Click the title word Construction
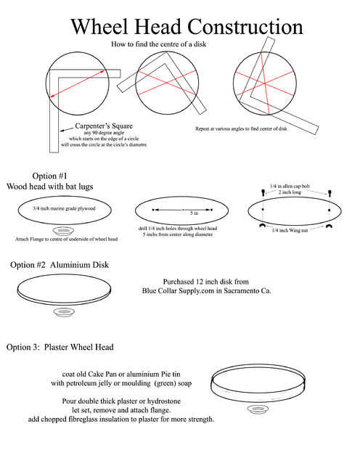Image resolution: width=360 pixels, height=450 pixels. pos(245,27)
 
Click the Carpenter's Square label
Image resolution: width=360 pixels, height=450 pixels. pos(104,126)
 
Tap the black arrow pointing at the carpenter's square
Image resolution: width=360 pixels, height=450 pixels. pos(66,129)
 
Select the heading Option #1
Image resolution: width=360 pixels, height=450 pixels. pos(49,176)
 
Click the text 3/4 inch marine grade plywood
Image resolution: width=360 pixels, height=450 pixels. pos(64,208)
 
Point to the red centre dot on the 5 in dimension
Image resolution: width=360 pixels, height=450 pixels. pos(183,210)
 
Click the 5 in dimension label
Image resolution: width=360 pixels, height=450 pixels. pos(194,213)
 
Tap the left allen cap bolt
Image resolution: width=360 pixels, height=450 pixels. pos(263,192)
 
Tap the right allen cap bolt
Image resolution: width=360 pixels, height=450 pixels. pos(330,193)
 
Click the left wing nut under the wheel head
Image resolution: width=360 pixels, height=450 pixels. pos(262,226)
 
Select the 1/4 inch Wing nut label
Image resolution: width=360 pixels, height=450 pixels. pos(290,231)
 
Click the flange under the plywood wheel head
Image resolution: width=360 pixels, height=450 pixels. pos(64,231)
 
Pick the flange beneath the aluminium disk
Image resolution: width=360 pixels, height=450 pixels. pos(64,312)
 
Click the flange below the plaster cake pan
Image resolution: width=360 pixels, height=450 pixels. pos(258,409)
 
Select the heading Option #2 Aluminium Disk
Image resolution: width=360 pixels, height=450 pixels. pos(60,265)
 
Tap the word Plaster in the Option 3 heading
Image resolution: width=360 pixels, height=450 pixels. pos(57,347)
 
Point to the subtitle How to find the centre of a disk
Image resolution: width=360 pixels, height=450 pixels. pos(158,44)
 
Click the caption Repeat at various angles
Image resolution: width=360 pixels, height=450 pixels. pos(241,129)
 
